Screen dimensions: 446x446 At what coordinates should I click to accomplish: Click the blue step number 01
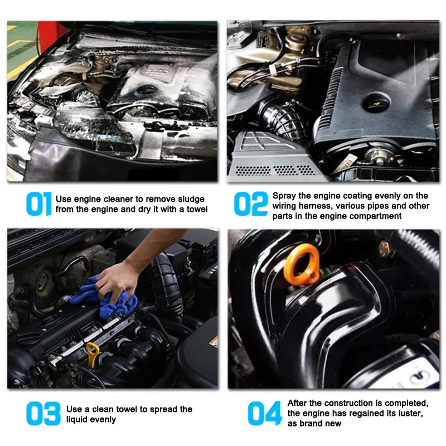[38, 203]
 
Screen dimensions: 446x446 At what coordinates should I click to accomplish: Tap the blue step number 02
[250, 203]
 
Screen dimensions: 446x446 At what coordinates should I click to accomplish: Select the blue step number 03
[43, 414]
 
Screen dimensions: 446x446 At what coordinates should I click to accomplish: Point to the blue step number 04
[264, 414]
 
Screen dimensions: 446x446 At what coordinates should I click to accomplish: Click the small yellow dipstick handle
[92, 353]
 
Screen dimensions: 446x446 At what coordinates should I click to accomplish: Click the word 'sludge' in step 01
[191, 199]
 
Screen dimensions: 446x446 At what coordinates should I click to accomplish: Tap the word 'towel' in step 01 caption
[197, 210]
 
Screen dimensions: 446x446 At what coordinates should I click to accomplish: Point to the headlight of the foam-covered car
[94, 132]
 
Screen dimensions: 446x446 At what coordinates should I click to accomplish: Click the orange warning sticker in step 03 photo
[214, 341]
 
